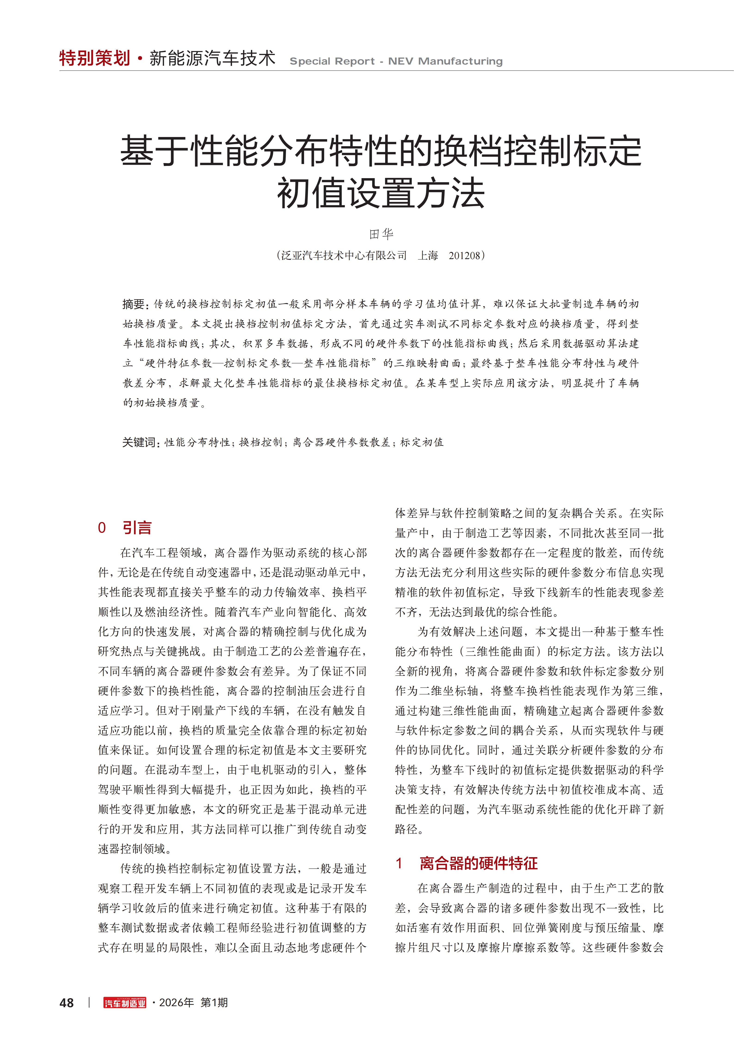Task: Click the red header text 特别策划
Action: click(x=95, y=58)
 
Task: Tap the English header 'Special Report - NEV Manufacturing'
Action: click(x=396, y=61)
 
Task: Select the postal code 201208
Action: click(x=464, y=256)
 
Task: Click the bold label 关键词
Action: click(x=140, y=442)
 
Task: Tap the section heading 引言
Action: click(x=137, y=528)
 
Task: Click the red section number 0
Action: click(x=102, y=528)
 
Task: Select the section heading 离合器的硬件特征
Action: click(x=479, y=863)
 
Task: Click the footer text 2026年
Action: click(x=176, y=1002)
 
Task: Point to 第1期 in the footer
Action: click(x=214, y=1002)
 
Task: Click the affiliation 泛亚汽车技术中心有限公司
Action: click(x=344, y=256)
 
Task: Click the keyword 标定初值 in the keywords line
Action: click(x=422, y=442)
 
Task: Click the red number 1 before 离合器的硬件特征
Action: click(x=399, y=863)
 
